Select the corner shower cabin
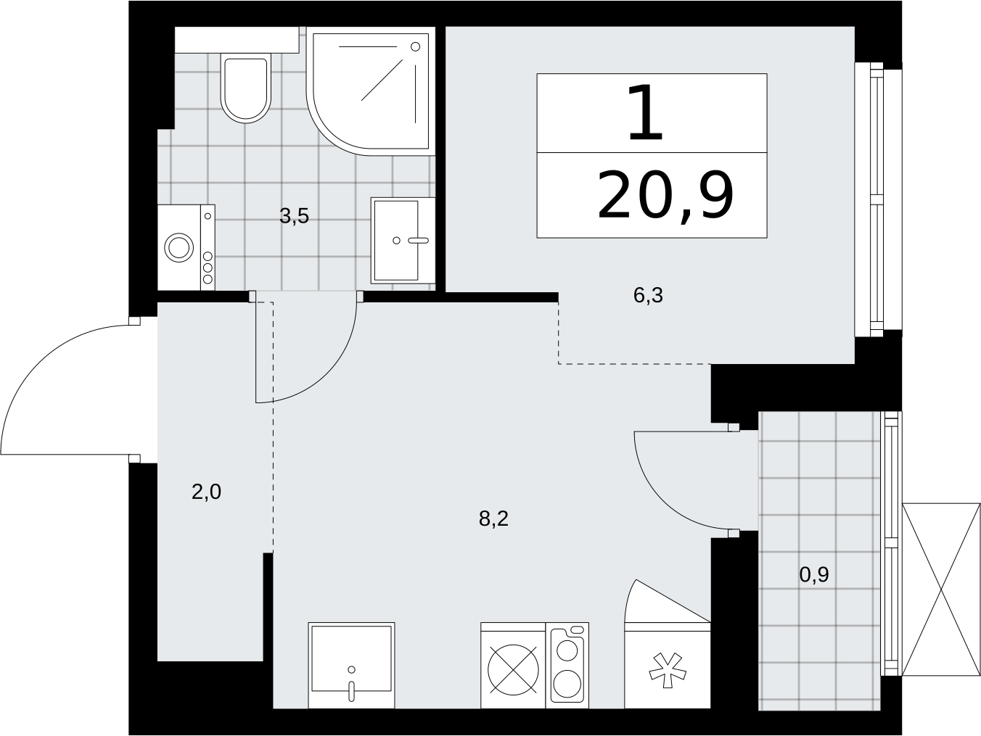click(x=371, y=91)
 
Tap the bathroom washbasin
click(x=402, y=241)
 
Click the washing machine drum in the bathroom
click(x=178, y=248)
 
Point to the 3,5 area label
click(x=294, y=217)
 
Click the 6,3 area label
click(x=648, y=296)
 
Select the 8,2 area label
click(x=493, y=519)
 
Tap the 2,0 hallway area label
click(x=206, y=492)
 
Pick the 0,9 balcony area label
click(x=814, y=575)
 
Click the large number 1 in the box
click(x=644, y=113)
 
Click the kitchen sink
click(x=351, y=665)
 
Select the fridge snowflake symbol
click(x=668, y=670)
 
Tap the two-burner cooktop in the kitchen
click(x=567, y=665)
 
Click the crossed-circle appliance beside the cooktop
click(x=513, y=670)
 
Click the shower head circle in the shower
click(x=416, y=46)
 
